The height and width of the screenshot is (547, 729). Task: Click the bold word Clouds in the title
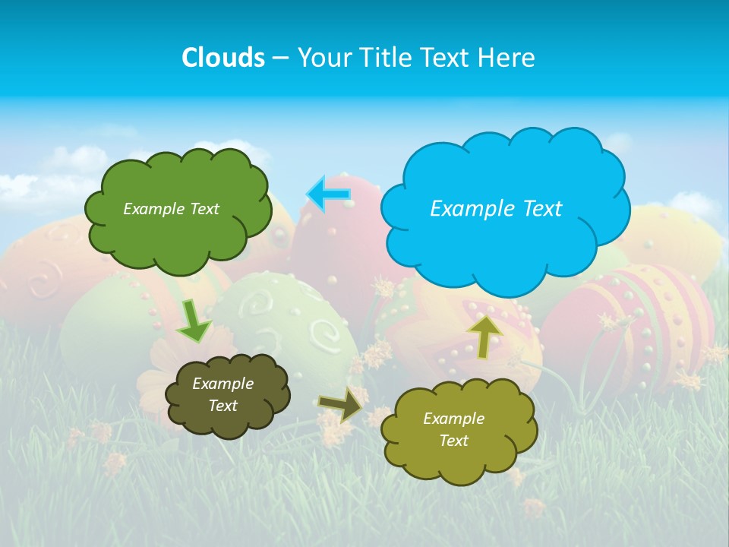click(222, 57)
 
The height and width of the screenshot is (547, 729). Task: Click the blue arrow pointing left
click(328, 194)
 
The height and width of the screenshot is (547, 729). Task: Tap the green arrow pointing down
click(194, 321)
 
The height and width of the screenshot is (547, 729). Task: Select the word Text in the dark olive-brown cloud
click(223, 406)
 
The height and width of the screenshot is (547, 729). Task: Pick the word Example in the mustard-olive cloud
click(453, 419)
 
